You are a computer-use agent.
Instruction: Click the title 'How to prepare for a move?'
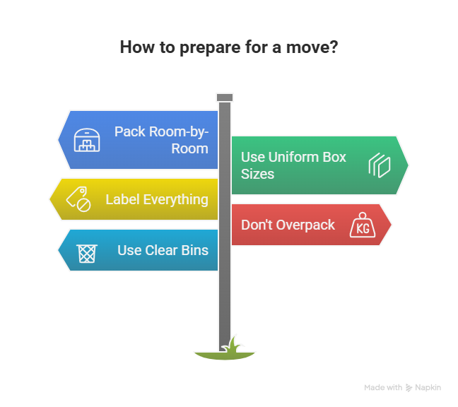click(x=228, y=47)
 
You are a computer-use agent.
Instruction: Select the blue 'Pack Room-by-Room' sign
click(x=141, y=139)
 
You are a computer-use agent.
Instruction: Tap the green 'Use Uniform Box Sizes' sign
click(x=318, y=165)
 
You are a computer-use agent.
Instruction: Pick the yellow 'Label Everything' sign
click(x=134, y=199)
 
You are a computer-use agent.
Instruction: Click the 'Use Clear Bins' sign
click(x=141, y=249)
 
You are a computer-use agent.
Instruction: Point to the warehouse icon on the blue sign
click(x=88, y=140)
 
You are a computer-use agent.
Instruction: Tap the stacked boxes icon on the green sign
click(x=379, y=165)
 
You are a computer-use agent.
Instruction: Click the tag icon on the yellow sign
click(x=78, y=199)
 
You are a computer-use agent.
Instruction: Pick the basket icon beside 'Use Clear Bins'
click(x=87, y=250)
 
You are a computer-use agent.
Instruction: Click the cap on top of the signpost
click(x=225, y=97)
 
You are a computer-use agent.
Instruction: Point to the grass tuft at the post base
click(x=225, y=348)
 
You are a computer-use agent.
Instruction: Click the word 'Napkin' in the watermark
click(x=428, y=387)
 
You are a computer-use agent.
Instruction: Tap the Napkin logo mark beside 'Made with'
click(x=409, y=387)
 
